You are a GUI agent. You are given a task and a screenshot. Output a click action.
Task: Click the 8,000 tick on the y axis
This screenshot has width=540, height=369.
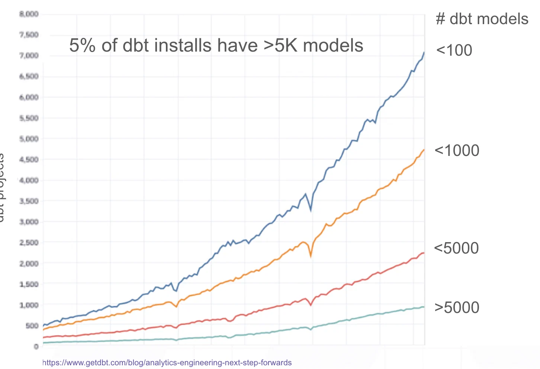pos(29,14)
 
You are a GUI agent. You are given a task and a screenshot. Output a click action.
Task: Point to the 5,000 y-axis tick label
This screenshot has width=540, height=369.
pos(29,139)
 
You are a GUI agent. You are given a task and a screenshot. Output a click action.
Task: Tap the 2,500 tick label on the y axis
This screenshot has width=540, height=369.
pos(29,243)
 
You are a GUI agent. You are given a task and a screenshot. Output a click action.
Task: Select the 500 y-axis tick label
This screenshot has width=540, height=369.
pos(31,326)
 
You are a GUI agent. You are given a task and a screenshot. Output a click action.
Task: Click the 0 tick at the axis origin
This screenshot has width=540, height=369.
pos(36,347)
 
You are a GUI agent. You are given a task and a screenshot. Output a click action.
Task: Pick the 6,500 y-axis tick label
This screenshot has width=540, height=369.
pos(29,76)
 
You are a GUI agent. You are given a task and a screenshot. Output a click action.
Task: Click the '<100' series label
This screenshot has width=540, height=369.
pos(454,50)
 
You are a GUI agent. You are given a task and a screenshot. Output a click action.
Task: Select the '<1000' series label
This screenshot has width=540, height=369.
pos(457,151)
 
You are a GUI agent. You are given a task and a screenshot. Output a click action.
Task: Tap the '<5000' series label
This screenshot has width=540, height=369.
pos(456,248)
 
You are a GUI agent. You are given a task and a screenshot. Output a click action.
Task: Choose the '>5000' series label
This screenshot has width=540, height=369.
pos(457,308)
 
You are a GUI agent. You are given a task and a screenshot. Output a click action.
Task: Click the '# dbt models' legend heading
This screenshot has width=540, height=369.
pos(482,19)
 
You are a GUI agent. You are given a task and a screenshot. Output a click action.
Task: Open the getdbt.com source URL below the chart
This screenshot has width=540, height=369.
pos(167,363)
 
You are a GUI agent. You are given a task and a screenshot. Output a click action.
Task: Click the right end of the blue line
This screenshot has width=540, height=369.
pos(424,53)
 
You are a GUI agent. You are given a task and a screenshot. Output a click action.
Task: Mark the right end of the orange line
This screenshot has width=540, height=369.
pos(424,150)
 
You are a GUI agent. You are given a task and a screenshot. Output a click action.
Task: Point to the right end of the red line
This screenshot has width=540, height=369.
pos(424,253)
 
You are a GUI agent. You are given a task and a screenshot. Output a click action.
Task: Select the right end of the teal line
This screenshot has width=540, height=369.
pos(424,307)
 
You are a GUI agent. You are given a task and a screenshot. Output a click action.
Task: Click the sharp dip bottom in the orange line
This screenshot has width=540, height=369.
pos(311,256)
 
